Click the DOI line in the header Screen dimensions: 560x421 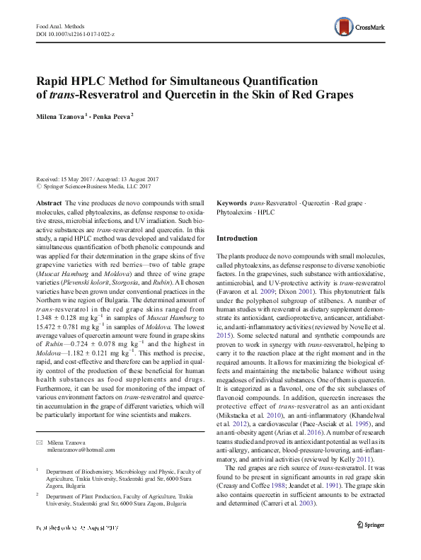[x=70, y=33]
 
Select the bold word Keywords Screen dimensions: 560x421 [x=231, y=202]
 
